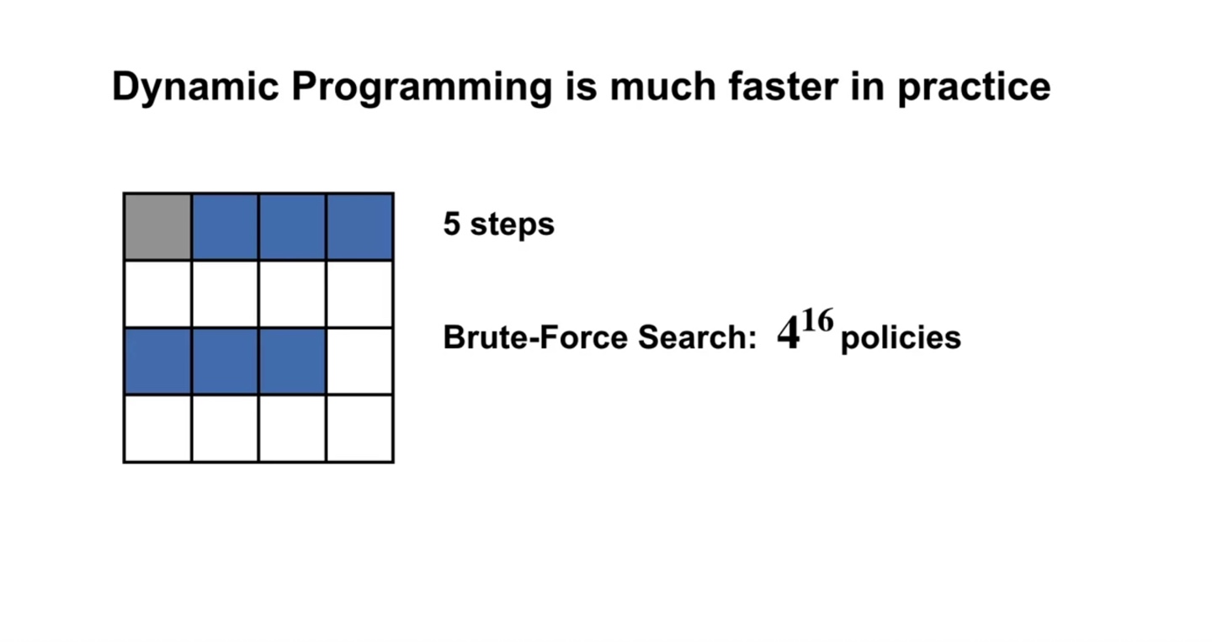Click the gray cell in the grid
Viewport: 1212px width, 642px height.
[x=158, y=226]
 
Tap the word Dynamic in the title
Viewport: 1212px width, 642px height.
[x=195, y=88]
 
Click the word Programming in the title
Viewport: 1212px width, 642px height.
[x=422, y=88]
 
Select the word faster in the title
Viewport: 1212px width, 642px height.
[x=784, y=87]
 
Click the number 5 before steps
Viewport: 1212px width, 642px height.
[x=452, y=223]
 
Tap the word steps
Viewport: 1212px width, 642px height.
[x=512, y=225]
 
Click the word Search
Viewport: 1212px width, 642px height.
[x=697, y=337]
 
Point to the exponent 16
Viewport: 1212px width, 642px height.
[x=817, y=321]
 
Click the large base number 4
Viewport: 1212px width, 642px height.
[x=789, y=333]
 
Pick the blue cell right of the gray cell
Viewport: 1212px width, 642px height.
[x=225, y=226]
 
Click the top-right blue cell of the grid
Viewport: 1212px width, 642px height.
[x=360, y=226]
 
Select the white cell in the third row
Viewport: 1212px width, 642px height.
[x=360, y=361]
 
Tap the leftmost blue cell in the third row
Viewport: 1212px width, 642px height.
[x=158, y=361]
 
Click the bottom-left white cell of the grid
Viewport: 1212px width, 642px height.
[x=158, y=428]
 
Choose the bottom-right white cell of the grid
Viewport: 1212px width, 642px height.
[x=360, y=428]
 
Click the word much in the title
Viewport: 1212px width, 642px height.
[x=663, y=87]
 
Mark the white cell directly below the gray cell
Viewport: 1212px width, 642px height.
[x=158, y=294]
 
